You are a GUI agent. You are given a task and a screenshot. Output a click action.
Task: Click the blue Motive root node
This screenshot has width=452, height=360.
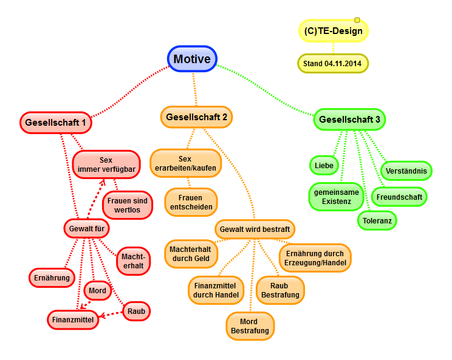click(x=192, y=59)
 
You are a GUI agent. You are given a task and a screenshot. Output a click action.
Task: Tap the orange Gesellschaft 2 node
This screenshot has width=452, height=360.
click(x=197, y=117)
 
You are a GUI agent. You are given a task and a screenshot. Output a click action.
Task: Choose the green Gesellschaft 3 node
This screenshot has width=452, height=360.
click(x=349, y=120)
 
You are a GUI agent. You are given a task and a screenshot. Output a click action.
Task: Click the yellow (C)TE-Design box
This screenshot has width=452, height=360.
click(x=334, y=30)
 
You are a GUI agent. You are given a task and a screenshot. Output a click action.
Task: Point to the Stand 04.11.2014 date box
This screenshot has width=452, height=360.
click(x=333, y=63)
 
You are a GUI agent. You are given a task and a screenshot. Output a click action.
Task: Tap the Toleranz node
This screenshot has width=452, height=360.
click(x=377, y=220)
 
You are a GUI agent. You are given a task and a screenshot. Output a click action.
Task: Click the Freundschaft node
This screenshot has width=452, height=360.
click(x=399, y=197)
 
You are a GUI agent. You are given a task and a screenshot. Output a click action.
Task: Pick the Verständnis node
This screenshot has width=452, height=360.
click(x=406, y=171)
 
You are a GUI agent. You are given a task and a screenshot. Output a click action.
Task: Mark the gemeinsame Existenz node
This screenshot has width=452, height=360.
click(x=337, y=196)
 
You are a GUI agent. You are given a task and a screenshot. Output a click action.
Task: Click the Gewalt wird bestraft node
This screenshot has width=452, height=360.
click(x=255, y=229)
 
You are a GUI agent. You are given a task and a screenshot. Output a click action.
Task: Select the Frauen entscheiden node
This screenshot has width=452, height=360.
click(x=191, y=202)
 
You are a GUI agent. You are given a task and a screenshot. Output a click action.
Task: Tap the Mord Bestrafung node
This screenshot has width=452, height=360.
click(x=250, y=326)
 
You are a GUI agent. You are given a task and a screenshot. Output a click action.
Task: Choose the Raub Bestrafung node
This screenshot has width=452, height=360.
click(x=280, y=290)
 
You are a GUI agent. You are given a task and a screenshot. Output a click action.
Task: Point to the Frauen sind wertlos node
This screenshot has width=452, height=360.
click(x=128, y=205)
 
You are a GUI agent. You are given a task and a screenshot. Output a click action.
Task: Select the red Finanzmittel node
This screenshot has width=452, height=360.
click(x=74, y=319)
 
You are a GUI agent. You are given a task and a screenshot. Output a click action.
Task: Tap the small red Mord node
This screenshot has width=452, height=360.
click(x=97, y=291)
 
